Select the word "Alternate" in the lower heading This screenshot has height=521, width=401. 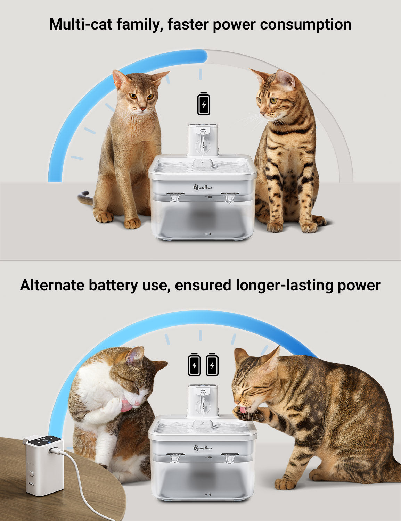(52, 285)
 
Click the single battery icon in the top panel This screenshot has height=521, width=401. (204, 104)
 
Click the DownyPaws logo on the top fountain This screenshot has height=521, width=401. (203, 187)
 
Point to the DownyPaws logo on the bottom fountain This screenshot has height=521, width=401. (203, 447)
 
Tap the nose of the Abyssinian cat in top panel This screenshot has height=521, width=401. (143, 109)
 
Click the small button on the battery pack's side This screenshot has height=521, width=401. (31, 474)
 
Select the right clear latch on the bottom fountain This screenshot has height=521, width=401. (230, 458)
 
